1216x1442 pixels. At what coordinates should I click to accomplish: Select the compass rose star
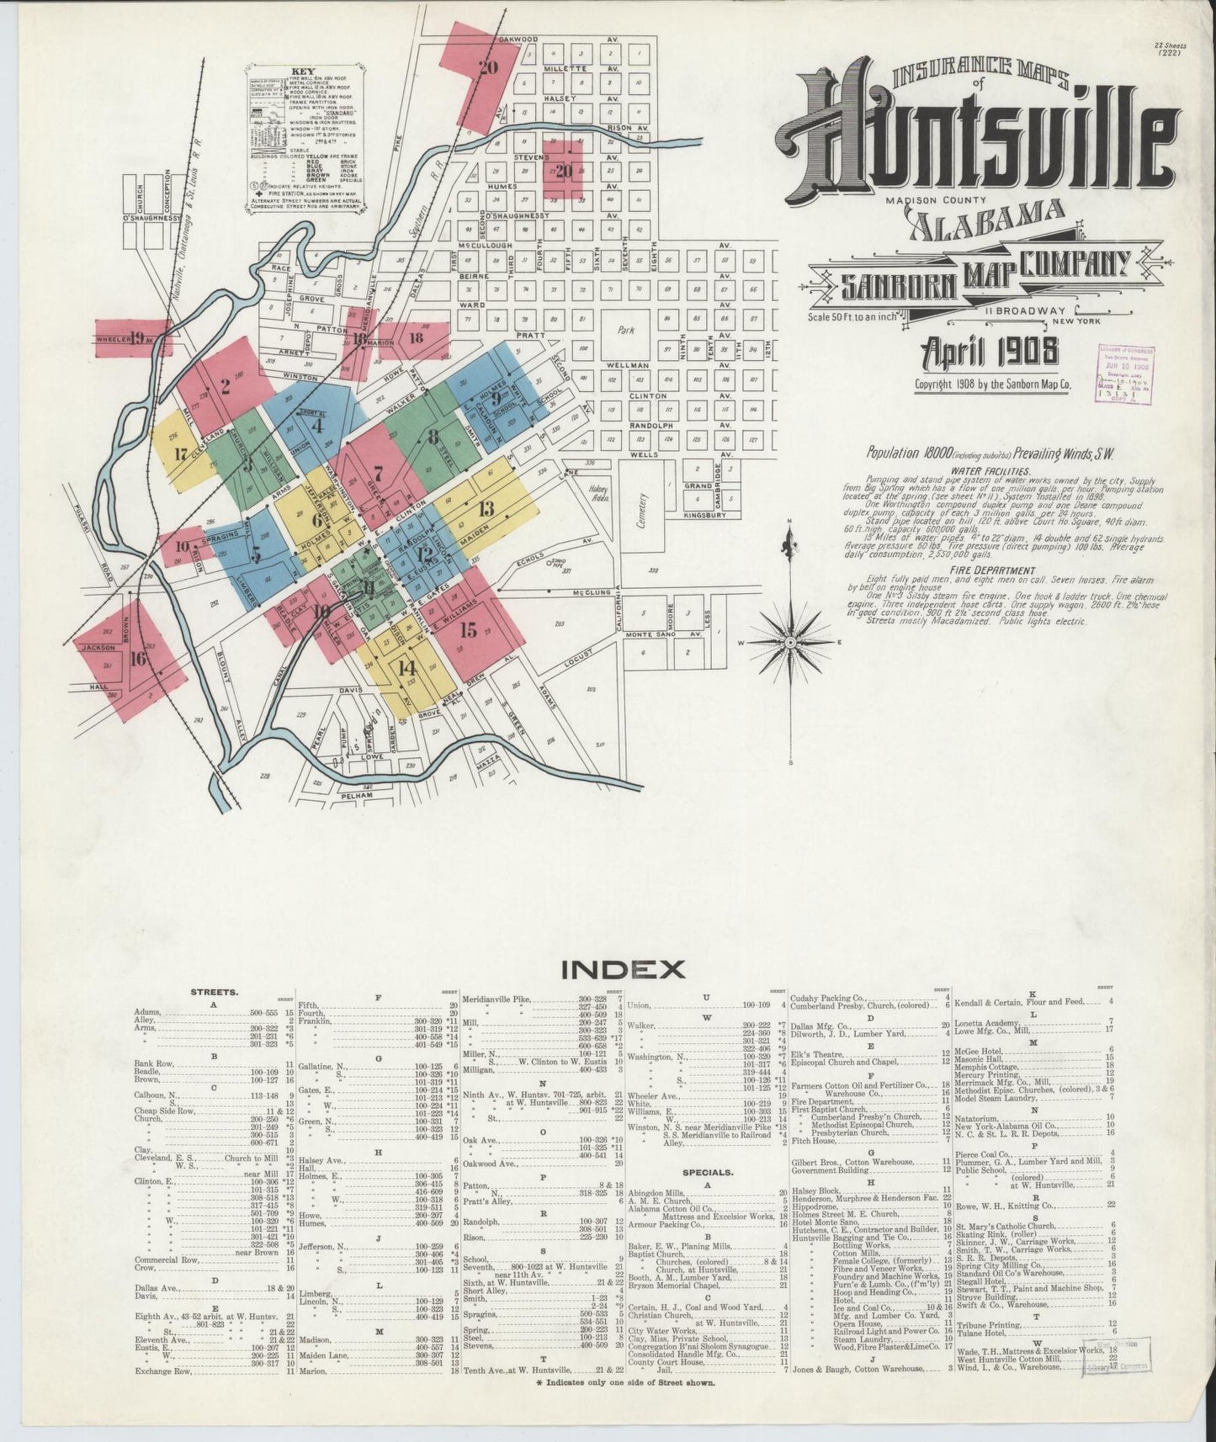click(x=790, y=643)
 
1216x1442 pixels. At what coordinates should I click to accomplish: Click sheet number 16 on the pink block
click(x=139, y=658)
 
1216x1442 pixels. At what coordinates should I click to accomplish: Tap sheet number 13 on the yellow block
click(x=486, y=508)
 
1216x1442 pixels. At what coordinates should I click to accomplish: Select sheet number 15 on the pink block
click(x=468, y=629)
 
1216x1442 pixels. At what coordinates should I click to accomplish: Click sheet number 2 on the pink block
click(x=225, y=387)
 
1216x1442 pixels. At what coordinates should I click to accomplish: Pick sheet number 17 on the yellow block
click(x=179, y=455)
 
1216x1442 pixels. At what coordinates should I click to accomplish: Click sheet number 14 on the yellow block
click(x=406, y=669)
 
